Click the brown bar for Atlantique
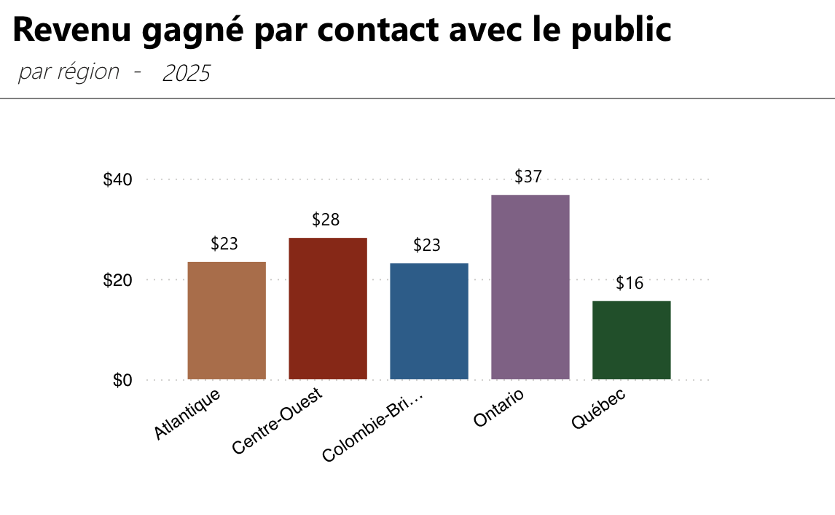[x=227, y=320]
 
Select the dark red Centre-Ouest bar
[x=328, y=309]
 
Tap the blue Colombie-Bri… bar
[x=429, y=321]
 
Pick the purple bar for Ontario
[x=530, y=287]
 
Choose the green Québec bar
[x=632, y=340]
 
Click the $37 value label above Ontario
[x=528, y=177]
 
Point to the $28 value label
[x=326, y=220]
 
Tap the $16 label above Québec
[x=630, y=283]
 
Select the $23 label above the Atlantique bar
[x=224, y=244]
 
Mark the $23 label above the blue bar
[x=427, y=245]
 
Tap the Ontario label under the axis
[x=498, y=408]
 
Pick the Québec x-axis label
[x=598, y=409]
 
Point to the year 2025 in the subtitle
[x=186, y=73]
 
